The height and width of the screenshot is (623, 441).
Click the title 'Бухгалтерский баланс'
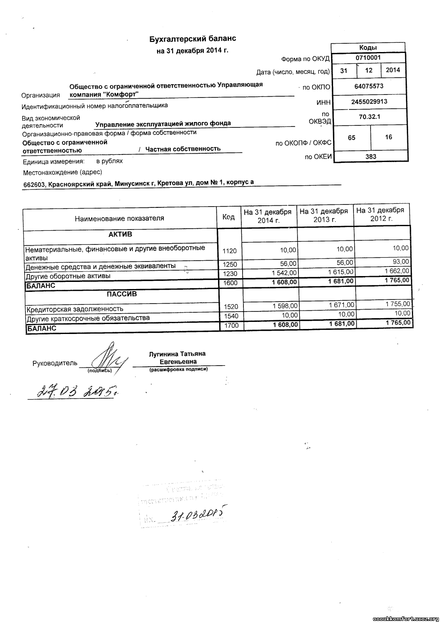(x=193, y=39)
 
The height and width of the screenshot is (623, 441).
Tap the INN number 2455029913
(x=368, y=101)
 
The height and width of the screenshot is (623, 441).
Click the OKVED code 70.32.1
(x=369, y=117)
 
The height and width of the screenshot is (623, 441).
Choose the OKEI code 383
(x=371, y=157)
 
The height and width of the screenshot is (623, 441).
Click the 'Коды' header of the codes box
(x=368, y=47)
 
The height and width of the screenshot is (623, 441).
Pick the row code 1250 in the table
(x=230, y=264)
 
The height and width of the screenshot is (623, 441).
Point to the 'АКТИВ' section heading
(x=120, y=234)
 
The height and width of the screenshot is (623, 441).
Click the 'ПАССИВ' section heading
(x=122, y=294)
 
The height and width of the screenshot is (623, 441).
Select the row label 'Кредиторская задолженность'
(x=75, y=309)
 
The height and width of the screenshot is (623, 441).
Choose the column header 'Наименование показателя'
(x=119, y=218)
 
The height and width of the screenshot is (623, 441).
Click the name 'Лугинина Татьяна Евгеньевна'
(x=177, y=358)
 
